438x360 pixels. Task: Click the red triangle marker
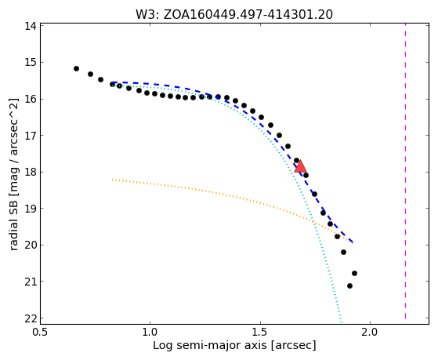pyautogui.click(x=301, y=166)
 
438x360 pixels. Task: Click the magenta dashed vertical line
pyautogui.click(x=405, y=171)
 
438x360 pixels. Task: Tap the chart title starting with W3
pyautogui.click(x=234, y=15)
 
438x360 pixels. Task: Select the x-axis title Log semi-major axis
pyautogui.click(x=234, y=346)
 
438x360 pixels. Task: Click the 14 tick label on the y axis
pyautogui.click(x=31, y=26)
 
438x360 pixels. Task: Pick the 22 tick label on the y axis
pyautogui.click(x=31, y=318)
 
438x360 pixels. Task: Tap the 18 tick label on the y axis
pyautogui.click(x=31, y=172)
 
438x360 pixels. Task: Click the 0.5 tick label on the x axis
pyautogui.click(x=41, y=332)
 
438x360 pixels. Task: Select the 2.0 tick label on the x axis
pyautogui.click(x=370, y=332)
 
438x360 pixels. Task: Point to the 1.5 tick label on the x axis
pyautogui.click(x=260, y=332)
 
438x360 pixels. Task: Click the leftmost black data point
pyautogui.click(x=76, y=68)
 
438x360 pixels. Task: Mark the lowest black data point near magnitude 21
pyautogui.click(x=349, y=285)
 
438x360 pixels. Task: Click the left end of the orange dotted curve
pyautogui.click(x=113, y=180)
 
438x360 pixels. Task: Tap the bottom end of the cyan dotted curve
pyautogui.click(x=341, y=318)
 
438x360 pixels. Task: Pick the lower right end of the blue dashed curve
pyautogui.click(x=353, y=242)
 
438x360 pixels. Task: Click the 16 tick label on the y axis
pyautogui.click(x=31, y=99)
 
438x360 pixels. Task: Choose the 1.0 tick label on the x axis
pyautogui.click(x=150, y=332)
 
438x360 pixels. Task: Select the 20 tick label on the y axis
pyautogui.click(x=31, y=245)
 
